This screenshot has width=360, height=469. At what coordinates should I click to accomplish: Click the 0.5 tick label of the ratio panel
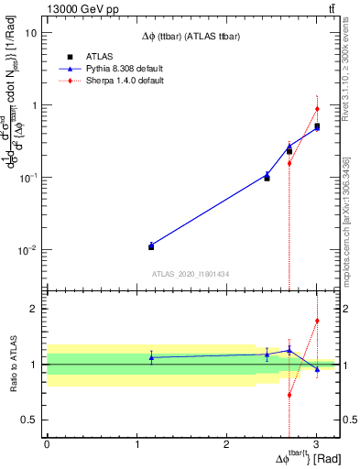coord(29,420)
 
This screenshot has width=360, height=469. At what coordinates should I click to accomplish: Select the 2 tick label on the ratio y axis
coord(34,309)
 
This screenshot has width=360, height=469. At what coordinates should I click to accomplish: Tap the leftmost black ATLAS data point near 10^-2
coord(151,246)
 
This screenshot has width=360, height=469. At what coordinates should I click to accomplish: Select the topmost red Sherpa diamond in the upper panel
coord(317,109)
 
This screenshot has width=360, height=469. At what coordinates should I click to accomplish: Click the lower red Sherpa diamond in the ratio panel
coord(289,395)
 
